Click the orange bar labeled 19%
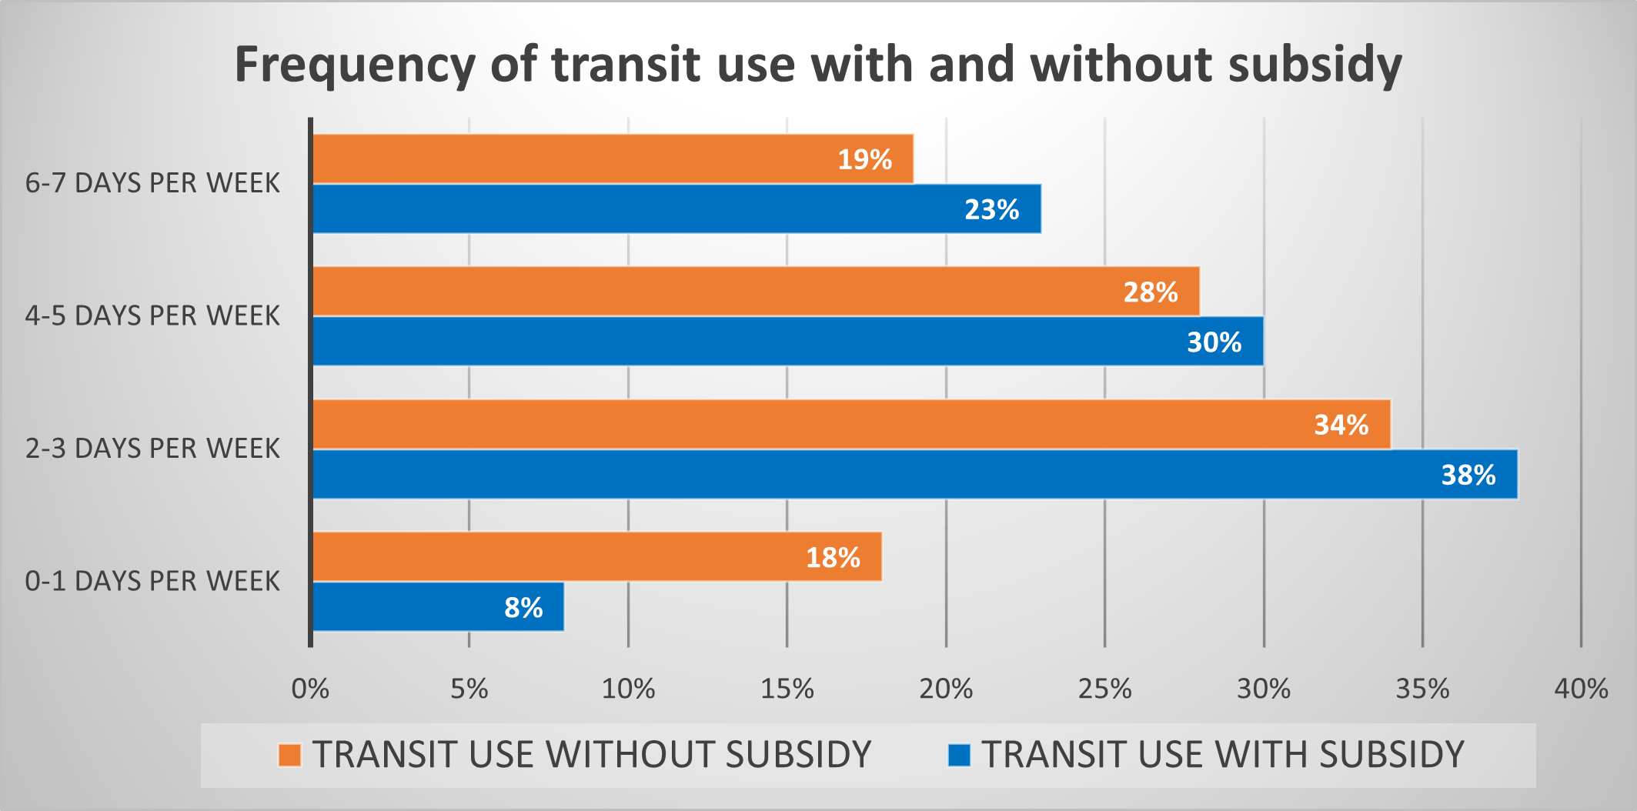(613, 159)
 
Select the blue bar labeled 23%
(677, 209)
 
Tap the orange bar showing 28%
(756, 292)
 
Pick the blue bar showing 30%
(787, 341)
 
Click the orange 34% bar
(851, 424)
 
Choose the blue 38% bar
(914, 474)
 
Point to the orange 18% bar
(597, 556)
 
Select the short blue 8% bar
(438, 606)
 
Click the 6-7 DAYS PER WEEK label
(152, 183)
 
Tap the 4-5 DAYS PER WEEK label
(152, 316)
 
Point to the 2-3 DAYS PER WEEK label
(152, 449)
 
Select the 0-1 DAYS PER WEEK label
(152, 581)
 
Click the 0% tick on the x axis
(310, 689)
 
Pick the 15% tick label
(787, 689)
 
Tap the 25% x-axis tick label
(1104, 689)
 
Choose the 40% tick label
(1581, 689)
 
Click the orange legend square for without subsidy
(289, 755)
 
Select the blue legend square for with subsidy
(959, 755)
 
